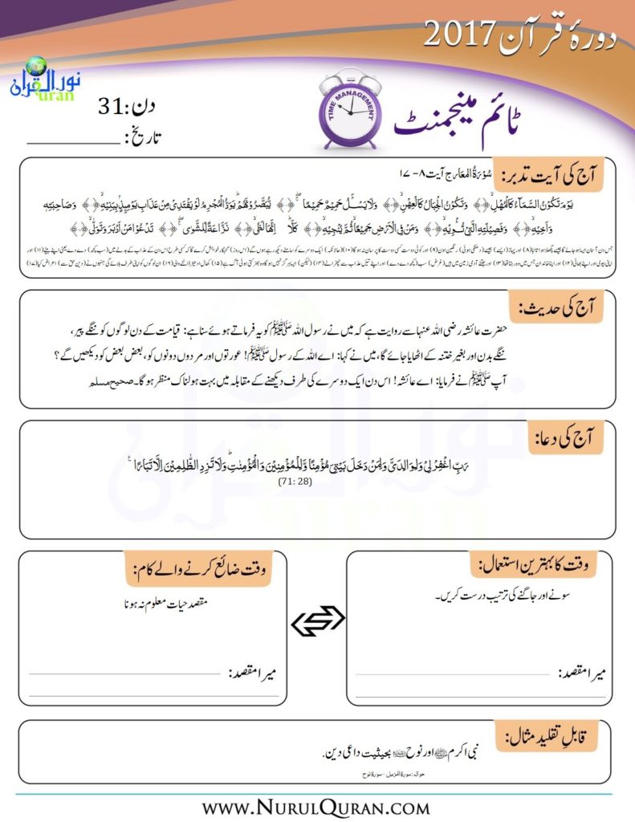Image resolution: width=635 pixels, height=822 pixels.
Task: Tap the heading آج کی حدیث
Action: [x=567, y=307]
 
